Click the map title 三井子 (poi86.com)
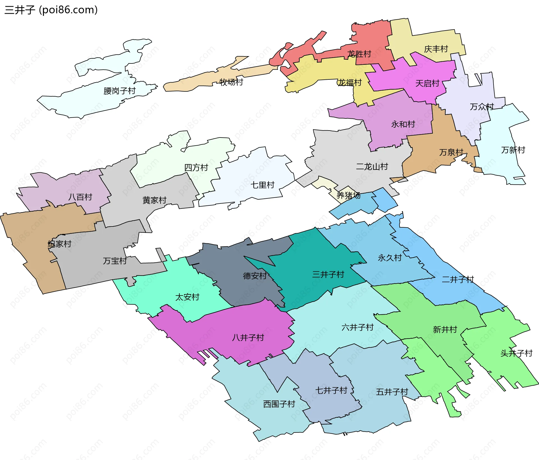point(51,10)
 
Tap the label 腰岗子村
point(119,91)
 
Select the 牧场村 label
point(231,82)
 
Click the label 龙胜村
point(359,54)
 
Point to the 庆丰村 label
point(436,49)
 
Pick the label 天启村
point(427,83)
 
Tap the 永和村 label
point(403,124)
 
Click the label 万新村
point(513,150)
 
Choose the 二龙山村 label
point(372,167)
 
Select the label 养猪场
point(348,195)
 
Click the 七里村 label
point(262,185)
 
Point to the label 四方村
point(196,168)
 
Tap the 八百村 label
point(80,197)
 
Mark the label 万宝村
point(115,261)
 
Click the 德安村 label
point(255,276)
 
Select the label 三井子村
point(328,274)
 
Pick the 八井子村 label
point(248,337)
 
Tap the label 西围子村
point(279,404)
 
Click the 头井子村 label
point(517,353)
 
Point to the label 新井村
point(445,329)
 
